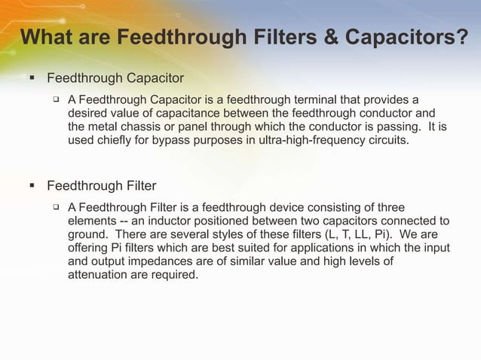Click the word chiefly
(118, 140)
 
